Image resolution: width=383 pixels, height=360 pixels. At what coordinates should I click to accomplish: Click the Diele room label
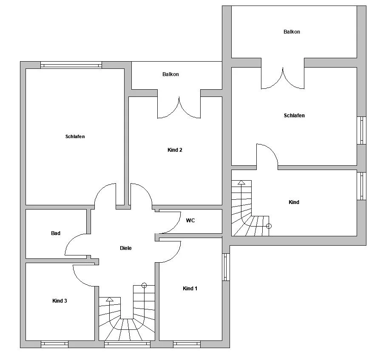tap(125, 248)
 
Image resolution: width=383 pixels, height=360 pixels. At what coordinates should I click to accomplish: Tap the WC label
tap(190, 221)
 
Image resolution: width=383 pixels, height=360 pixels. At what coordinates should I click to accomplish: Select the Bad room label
tap(56, 233)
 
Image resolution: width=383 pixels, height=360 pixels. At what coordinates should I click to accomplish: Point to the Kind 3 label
tap(60, 300)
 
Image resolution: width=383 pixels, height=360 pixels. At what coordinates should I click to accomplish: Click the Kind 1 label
tap(190, 289)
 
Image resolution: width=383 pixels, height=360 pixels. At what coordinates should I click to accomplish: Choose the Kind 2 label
tap(175, 150)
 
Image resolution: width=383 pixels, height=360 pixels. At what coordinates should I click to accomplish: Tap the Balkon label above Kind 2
tap(170, 74)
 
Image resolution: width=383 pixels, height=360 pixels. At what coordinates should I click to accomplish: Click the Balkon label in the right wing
tap(292, 32)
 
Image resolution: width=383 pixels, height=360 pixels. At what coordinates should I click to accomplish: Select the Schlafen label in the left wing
tap(75, 136)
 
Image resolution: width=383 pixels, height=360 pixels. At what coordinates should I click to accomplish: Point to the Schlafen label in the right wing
tap(294, 116)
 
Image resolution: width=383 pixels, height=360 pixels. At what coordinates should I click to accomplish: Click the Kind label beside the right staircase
tap(294, 202)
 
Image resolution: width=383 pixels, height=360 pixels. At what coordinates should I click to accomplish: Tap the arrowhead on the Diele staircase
tap(110, 299)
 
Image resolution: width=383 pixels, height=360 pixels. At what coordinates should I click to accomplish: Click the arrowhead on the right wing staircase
tap(241, 182)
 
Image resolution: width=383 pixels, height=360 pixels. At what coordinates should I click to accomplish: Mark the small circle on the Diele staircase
tap(144, 285)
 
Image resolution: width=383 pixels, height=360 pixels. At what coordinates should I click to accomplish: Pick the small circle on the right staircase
tap(269, 226)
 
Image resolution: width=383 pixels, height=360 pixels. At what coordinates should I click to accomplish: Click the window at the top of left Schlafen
tap(71, 65)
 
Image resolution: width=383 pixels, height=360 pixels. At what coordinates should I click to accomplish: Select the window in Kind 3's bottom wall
tap(54, 344)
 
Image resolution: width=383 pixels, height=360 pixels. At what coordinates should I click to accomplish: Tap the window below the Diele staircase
tap(127, 344)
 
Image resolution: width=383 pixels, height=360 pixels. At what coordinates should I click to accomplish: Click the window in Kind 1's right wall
tap(226, 267)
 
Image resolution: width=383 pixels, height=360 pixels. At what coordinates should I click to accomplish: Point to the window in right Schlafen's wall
tap(361, 130)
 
